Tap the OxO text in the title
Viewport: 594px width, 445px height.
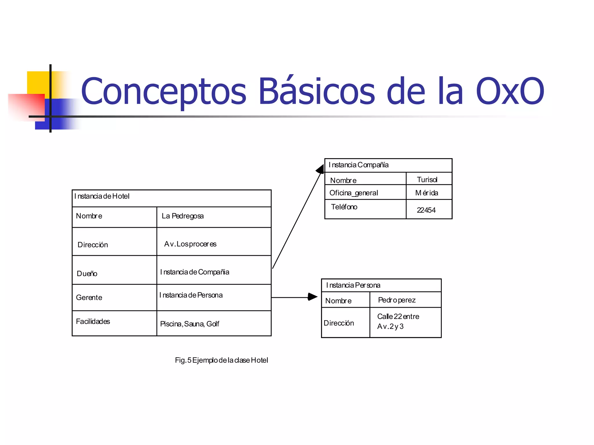click(x=510, y=91)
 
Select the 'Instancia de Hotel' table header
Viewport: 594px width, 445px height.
click(x=102, y=196)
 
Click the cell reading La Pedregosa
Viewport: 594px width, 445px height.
click(x=183, y=216)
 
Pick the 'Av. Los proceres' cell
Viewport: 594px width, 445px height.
click(x=190, y=244)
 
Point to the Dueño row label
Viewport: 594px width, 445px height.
click(x=87, y=273)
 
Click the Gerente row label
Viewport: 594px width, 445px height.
click(x=89, y=298)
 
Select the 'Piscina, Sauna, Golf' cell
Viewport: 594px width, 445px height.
click(x=190, y=324)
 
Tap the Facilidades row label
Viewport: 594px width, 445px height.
click(x=93, y=322)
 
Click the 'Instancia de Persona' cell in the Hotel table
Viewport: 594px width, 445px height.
click(x=191, y=295)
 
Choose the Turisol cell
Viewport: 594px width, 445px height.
click(x=427, y=180)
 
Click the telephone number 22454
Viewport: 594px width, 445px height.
click(x=426, y=210)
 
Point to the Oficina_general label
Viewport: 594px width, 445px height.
click(x=354, y=193)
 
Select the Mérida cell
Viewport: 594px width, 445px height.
click(x=427, y=193)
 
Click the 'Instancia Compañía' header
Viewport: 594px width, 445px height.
click(x=358, y=165)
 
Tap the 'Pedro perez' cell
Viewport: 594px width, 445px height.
click(x=397, y=300)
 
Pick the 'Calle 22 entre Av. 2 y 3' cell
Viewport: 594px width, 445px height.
click(x=398, y=322)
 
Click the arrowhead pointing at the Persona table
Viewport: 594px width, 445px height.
click(x=313, y=297)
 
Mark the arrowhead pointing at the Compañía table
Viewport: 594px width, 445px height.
click(x=320, y=169)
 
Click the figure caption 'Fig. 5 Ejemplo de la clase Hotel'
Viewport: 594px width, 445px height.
click(x=221, y=360)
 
